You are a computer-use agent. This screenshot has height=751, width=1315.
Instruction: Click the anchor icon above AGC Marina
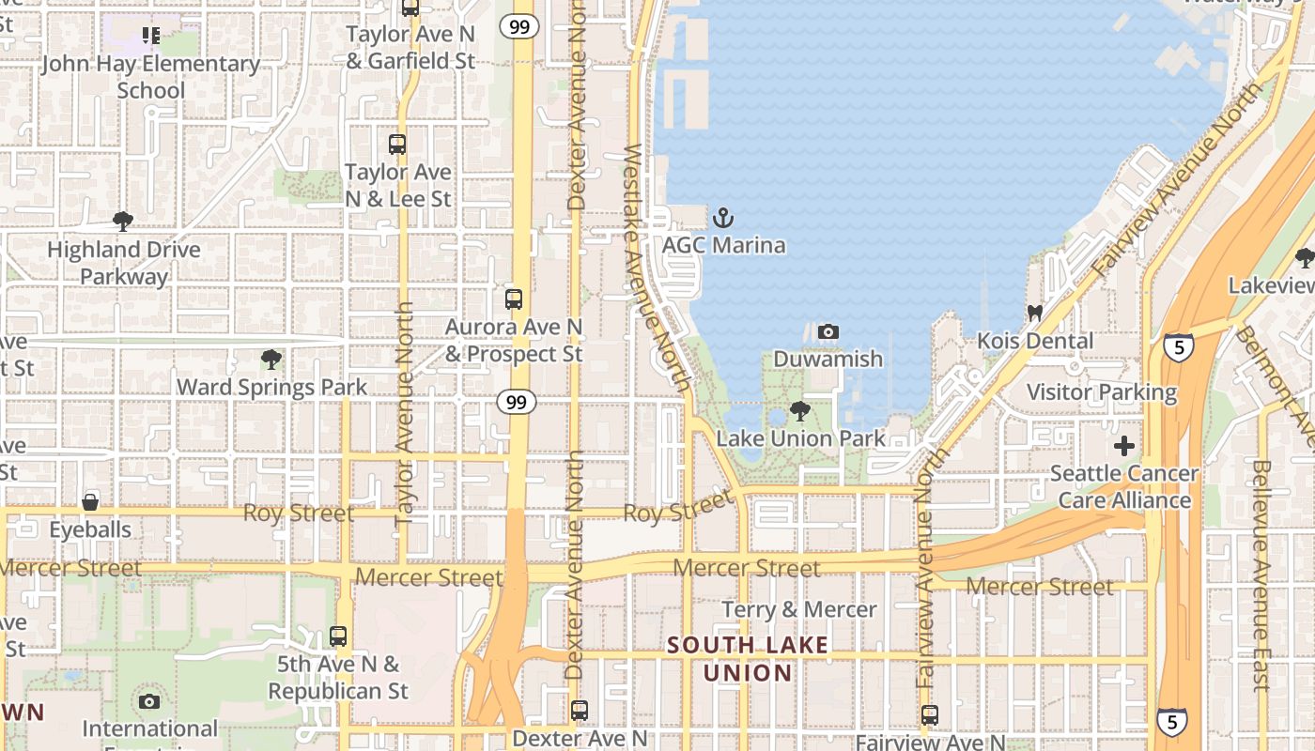[x=723, y=219]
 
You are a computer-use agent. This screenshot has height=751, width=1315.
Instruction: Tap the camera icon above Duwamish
[x=828, y=331]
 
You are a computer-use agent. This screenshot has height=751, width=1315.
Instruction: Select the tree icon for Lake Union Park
[x=799, y=410]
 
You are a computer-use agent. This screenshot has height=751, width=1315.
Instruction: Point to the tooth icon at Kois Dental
[x=1035, y=313]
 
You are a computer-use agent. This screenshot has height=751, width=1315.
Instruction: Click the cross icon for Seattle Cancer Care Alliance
[x=1123, y=446]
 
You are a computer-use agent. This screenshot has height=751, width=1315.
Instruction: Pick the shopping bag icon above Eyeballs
[x=90, y=501]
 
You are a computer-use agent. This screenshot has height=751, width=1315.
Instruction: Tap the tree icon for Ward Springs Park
[x=271, y=359]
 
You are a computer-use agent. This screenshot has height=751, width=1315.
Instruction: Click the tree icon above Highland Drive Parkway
[x=122, y=222]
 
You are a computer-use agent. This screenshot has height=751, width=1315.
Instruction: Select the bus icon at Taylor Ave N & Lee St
[x=397, y=145]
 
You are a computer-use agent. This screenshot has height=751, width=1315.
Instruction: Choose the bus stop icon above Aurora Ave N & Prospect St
[x=513, y=299]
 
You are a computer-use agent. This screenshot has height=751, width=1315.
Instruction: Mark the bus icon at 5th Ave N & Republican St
[x=338, y=636]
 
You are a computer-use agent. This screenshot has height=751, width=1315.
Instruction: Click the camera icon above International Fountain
[x=148, y=701]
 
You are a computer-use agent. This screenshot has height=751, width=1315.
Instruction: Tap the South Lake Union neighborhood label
[x=749, y=659]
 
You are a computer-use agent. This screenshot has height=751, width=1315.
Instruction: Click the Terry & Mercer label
[x=799, y=609]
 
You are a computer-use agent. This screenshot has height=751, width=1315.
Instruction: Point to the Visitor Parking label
[x=1101, y=392]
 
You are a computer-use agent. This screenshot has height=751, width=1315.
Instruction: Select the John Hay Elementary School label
[x=150, y=77]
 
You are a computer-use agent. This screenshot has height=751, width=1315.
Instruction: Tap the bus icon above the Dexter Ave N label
[x=580, y=711]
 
